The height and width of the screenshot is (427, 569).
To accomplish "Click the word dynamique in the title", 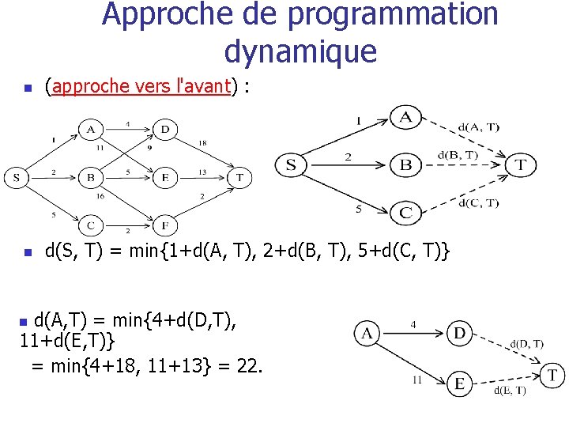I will coord(300,51).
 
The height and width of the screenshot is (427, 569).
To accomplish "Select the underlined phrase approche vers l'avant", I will coord(141,86).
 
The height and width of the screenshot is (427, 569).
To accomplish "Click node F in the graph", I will coord(165,226).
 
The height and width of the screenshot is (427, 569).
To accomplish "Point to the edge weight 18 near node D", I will coord(203,143).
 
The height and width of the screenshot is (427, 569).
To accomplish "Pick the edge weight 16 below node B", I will coord(100,195).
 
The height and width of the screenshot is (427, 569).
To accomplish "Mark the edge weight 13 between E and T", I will coord(202,172).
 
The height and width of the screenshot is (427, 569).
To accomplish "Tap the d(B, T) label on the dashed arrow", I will coord(458,156).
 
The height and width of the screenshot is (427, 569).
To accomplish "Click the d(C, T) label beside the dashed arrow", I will coord(479,203).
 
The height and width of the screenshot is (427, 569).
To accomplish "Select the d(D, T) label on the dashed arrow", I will coord(526,343).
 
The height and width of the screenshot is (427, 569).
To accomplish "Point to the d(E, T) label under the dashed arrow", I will coord(510,391).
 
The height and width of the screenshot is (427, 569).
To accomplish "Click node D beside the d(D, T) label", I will coord(459,334).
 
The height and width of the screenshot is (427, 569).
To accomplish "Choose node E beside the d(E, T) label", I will coord(459,384).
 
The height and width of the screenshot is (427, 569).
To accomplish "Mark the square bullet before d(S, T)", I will coord(27,254).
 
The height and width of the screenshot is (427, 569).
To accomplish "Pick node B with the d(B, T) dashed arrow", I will coord(405,164).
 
